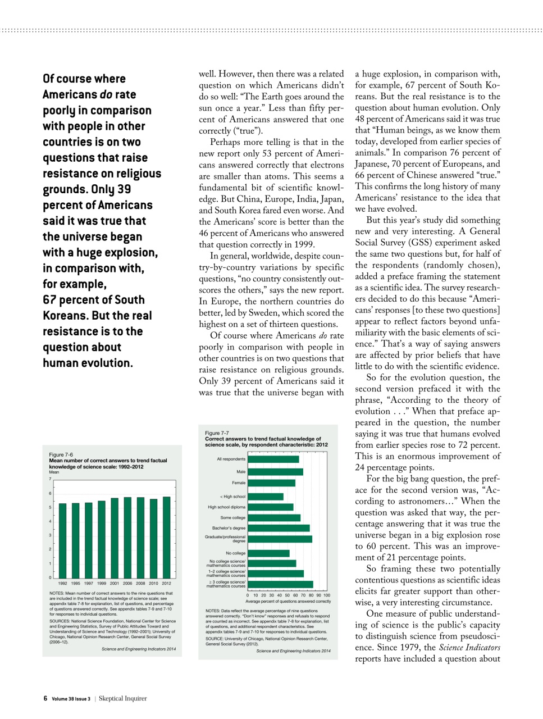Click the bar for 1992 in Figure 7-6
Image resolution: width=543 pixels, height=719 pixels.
click(x=62, y=540)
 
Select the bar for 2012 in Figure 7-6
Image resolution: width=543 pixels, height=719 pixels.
click(x=166, y=537)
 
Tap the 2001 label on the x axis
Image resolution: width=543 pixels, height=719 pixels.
click(x=115, y=583)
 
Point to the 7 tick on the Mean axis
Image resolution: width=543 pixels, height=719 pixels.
click(x=51, y=479)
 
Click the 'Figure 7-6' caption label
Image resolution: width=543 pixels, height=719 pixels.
click(x=61, y=454)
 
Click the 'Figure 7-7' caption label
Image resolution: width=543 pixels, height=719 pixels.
click(x=217, y=433)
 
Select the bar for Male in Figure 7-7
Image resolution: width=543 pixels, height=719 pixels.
click(x=275, y=472)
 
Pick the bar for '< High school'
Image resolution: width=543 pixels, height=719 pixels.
click(x=265, y=497)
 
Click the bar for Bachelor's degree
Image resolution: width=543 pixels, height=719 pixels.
click(x=279, y=528)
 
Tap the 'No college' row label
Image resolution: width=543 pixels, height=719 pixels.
click(x=235, y=553)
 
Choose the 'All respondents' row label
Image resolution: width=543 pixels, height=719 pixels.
click(x=231, y=459)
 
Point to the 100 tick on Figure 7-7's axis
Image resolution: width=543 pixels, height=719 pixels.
click(x=327, y=595)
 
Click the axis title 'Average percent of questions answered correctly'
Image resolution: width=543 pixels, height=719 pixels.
click(x=288, y=601)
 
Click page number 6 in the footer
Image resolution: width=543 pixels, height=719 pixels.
click(x=45, y=698)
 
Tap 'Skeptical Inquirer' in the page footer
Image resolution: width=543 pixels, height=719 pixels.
click(x=122, y=698)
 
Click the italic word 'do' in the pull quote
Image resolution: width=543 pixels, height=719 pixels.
click(x=106, y=95)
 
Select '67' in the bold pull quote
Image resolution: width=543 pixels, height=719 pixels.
click(x=49, y=300)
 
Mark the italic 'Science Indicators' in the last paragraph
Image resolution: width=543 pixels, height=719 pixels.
click(x=469, y=647)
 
